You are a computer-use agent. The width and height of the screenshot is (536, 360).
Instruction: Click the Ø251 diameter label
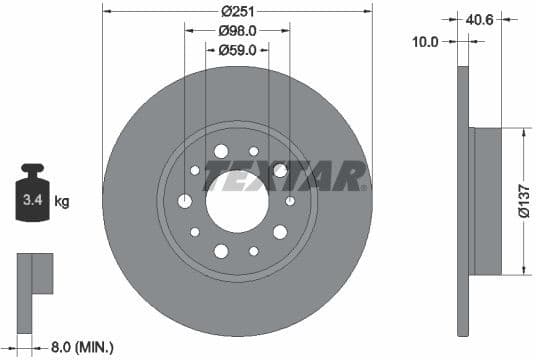(237, 11)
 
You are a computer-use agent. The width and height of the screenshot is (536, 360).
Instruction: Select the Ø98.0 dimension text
(237, 30)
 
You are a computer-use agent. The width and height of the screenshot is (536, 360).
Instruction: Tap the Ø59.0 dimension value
(237, 48)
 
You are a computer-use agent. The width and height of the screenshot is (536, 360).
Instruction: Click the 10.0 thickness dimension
(426, 42)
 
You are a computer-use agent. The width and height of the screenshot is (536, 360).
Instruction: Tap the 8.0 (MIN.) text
(83, 347)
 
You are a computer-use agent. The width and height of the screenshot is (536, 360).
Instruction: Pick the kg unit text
(62, 201)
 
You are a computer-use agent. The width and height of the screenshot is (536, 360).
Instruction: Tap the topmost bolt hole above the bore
(221, 151)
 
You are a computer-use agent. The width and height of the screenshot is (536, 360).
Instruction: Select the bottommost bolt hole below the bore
(221, 249)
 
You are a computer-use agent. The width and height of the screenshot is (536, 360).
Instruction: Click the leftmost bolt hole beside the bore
(186, 200)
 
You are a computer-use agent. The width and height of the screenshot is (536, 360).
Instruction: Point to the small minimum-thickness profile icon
(33, 274)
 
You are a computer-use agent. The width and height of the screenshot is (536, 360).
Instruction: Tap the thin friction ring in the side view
(462, 200)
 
